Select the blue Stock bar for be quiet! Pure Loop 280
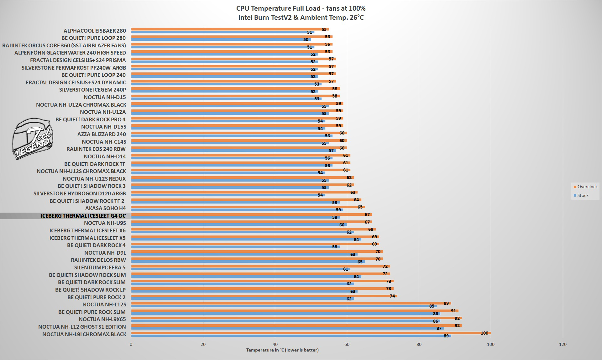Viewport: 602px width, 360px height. (x=219, y=40)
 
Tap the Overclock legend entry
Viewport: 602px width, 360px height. (x=585, y=187)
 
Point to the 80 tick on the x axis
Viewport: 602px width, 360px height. (x=419, y=344)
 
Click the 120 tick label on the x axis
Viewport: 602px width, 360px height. (x=563, y=344)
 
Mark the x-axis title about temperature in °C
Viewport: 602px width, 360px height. (x=282, y=350)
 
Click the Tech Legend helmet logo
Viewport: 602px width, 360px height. (x=32, y=138)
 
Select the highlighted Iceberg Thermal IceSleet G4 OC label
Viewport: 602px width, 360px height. (x=83, y=216)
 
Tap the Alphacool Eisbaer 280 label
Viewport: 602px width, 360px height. (x=95, y=31)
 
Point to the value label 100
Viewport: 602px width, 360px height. (x=484, y=333)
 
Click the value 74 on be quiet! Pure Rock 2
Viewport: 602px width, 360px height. (x=392, y=296)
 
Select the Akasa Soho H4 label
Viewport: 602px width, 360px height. (x=105, y=208)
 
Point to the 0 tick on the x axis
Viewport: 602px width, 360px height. (x=131, y=344)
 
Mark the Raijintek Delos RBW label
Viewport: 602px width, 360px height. (x=98, y=260)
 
